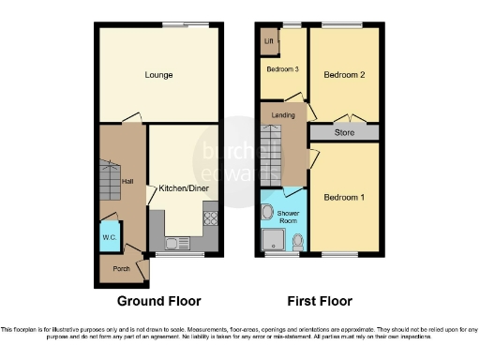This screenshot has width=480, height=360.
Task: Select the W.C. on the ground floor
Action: (x=109, y=237)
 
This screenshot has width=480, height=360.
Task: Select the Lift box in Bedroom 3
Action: (x=269, y=42)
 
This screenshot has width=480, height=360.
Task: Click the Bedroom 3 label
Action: (x=282, y=69)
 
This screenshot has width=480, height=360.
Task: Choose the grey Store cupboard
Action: (x=344, y=133)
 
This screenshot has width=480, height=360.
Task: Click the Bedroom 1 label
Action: (x=344, y=198)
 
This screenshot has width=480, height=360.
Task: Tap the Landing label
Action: (x=283, y=114)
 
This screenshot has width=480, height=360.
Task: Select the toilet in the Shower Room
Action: (x=297, y=242)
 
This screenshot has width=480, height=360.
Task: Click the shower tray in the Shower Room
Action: (x=273, y=237)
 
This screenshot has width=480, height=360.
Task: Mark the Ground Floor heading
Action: (x=158, y=301)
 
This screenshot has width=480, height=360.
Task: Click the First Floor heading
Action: (x=319, y=301)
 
